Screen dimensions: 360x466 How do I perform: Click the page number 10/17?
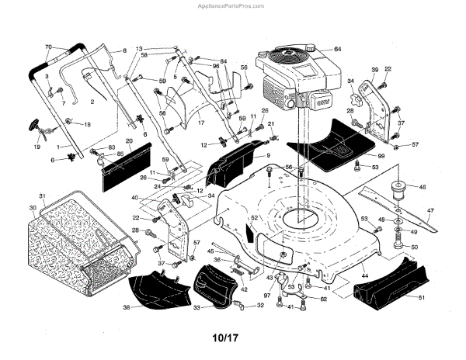click(231, 337)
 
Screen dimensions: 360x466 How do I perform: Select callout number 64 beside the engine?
click(337, 49)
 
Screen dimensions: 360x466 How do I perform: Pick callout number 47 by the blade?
click(429, 210)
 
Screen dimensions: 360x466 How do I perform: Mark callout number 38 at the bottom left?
click(127, 307)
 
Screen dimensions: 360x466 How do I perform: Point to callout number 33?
click(196, 308)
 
